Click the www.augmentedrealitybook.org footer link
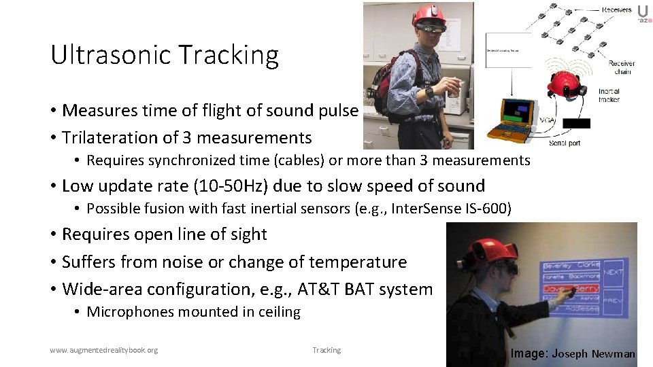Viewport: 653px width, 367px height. point(103,350)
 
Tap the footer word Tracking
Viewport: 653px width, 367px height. point(326,350)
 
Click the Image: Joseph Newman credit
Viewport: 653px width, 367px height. point(573,353)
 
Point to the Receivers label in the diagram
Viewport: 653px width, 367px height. point(616,10)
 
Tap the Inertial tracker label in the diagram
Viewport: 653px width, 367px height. point(609,96)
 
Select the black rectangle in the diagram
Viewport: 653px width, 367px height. point(576,123)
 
